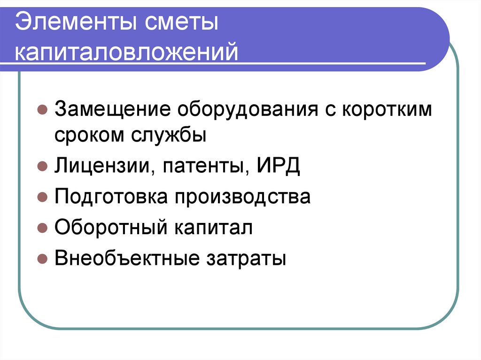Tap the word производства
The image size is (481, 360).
click(243, 197)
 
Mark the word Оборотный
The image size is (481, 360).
click(111, 228)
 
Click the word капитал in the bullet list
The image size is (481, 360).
click(214, 228)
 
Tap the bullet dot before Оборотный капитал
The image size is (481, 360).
click(42, 228)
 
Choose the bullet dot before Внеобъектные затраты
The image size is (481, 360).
click(42, 259)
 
